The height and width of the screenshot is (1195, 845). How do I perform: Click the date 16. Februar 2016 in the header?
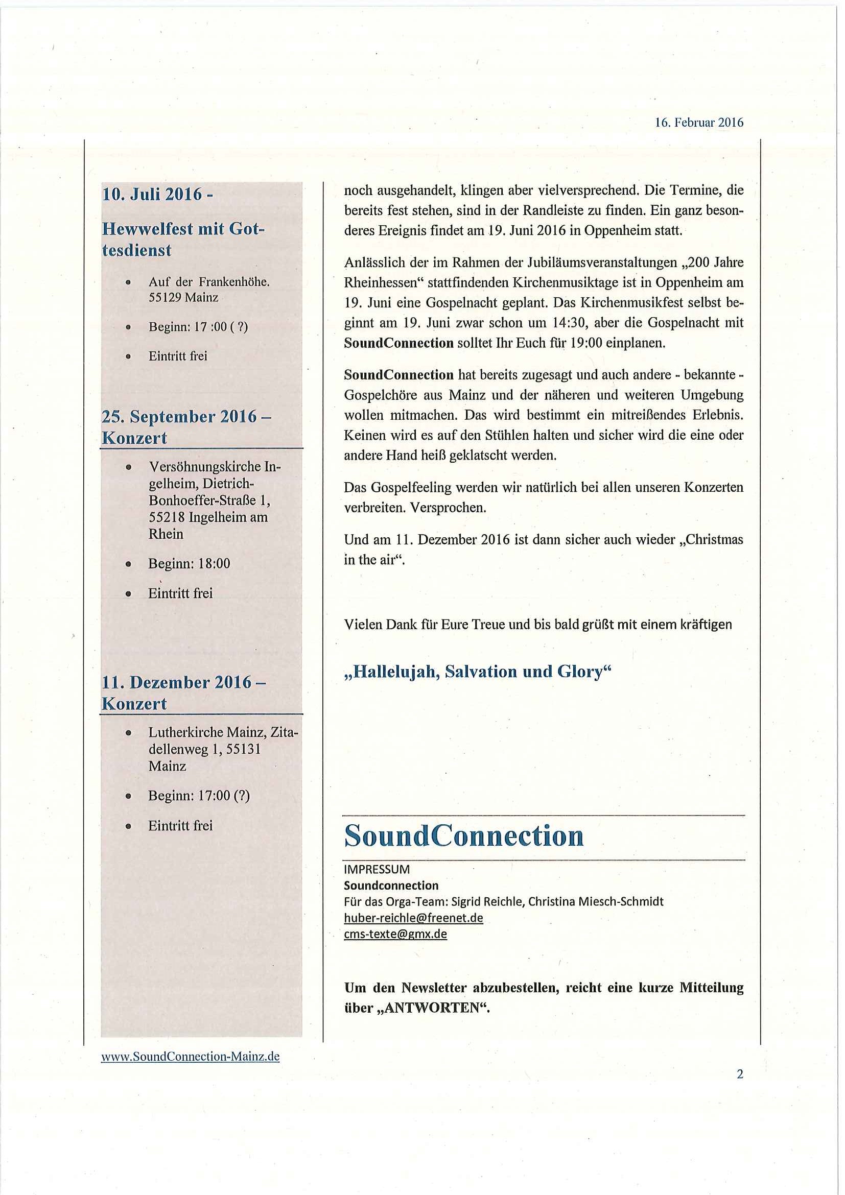tap(699, 123)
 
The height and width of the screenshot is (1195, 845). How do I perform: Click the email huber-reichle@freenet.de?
tap(413, 918)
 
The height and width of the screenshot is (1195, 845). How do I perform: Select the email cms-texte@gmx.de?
tap(395, 934)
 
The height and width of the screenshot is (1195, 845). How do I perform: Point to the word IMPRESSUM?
tap(377, 869)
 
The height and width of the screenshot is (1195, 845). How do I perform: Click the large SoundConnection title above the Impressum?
tap(464, 836)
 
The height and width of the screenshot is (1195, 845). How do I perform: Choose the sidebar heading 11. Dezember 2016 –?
tap(184, 682)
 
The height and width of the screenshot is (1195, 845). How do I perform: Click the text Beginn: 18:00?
tap(189, 563)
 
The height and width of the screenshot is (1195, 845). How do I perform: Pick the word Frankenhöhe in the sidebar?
tap(238, 282)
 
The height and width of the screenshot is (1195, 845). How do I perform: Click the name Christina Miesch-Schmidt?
tap(596, 901)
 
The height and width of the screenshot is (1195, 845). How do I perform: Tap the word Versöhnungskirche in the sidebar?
tap(206, 467)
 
